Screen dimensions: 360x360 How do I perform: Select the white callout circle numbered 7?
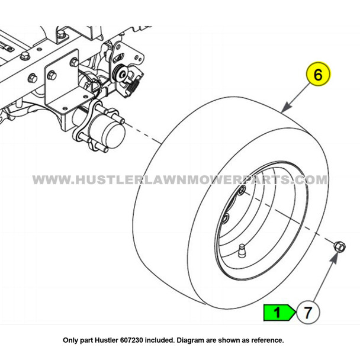coord(307,312)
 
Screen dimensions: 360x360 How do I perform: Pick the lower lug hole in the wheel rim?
coord(226,220)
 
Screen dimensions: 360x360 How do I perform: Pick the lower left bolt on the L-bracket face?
coord(52,75)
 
